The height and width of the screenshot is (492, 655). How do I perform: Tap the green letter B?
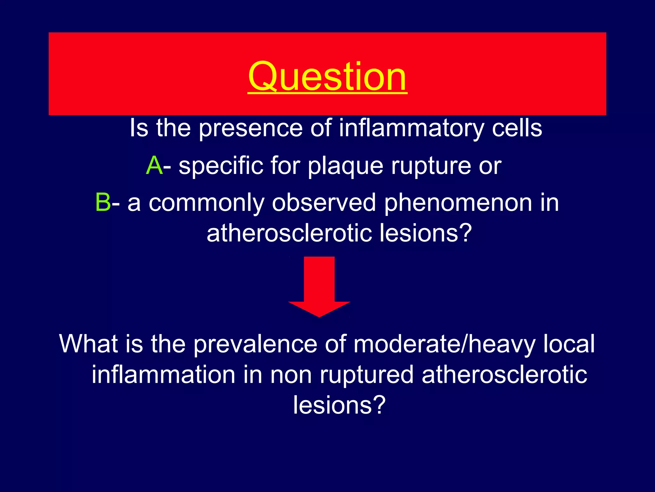(x=103, y=202)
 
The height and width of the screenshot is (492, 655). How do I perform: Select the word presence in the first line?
(x=250, y=128)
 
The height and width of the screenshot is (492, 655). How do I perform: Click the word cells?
(x=517, y=128)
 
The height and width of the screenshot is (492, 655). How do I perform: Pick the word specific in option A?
(x=220, y=166)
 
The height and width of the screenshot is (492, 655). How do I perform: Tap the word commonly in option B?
(x=206, y=203)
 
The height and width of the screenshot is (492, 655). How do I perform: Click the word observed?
(x=324, y=202)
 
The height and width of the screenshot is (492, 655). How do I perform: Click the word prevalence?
(x=255, y=344)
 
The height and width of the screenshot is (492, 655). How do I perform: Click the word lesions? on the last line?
(x=339, y=405)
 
